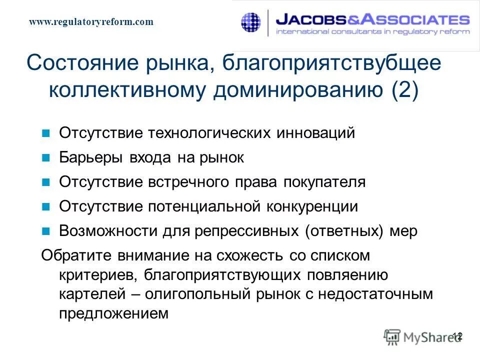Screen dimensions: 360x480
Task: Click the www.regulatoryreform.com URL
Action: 91,22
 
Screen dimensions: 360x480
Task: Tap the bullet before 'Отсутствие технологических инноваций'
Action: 46,134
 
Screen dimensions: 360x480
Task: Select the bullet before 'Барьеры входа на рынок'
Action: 46,158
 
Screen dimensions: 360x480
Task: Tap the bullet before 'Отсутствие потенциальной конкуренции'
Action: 46,207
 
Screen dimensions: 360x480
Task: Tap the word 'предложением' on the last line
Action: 111,313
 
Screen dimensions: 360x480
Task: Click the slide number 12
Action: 457,336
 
